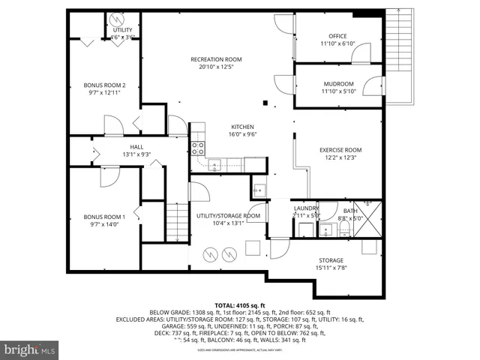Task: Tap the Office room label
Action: (337, 36)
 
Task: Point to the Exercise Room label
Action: (340, 149)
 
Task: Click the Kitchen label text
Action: (241, 127)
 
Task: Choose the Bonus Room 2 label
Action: (104, 85)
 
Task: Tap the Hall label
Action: (136, 147)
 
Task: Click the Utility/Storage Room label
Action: (228, 216)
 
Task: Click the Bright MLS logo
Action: (30, 349)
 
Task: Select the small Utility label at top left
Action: (122, 30)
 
